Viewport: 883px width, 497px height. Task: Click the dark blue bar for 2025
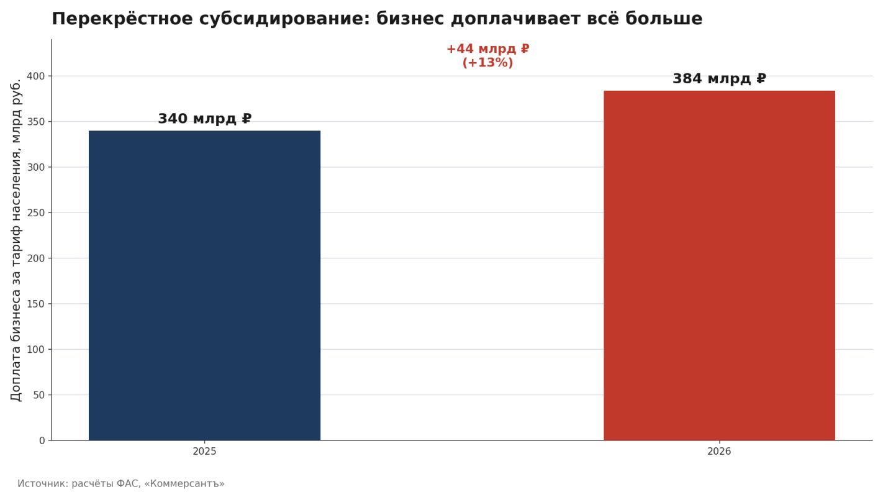(x=204, y=286)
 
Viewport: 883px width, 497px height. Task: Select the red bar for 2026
(x=720, y=266)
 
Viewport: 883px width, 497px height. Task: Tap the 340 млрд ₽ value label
(x=204, y=118)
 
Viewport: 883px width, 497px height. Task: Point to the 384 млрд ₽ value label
(x=720, y=78)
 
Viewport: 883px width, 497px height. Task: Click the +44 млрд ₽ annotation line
(x=488, y=49)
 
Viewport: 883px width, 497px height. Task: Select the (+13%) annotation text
(x=488, y=62)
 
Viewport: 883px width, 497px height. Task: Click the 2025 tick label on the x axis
(x=204, y=452)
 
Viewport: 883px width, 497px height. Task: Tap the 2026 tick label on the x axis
(x=720, y=452)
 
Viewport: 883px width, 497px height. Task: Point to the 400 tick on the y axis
(x=36, y=76)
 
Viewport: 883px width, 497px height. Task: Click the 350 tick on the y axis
(x=36, y=122)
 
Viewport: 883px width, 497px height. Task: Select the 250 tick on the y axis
(x=36, y=213)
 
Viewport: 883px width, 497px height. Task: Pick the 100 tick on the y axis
(x=36, y=350)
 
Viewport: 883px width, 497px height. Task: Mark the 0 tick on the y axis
(x=42, y=441)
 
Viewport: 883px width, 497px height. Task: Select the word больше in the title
(x=664, y=19)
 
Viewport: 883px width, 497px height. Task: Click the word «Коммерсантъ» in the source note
(x=184, y=483)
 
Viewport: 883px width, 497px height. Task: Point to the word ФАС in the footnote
(x=129, y=483)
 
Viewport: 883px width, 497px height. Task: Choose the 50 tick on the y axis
(x=39, y=395)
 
